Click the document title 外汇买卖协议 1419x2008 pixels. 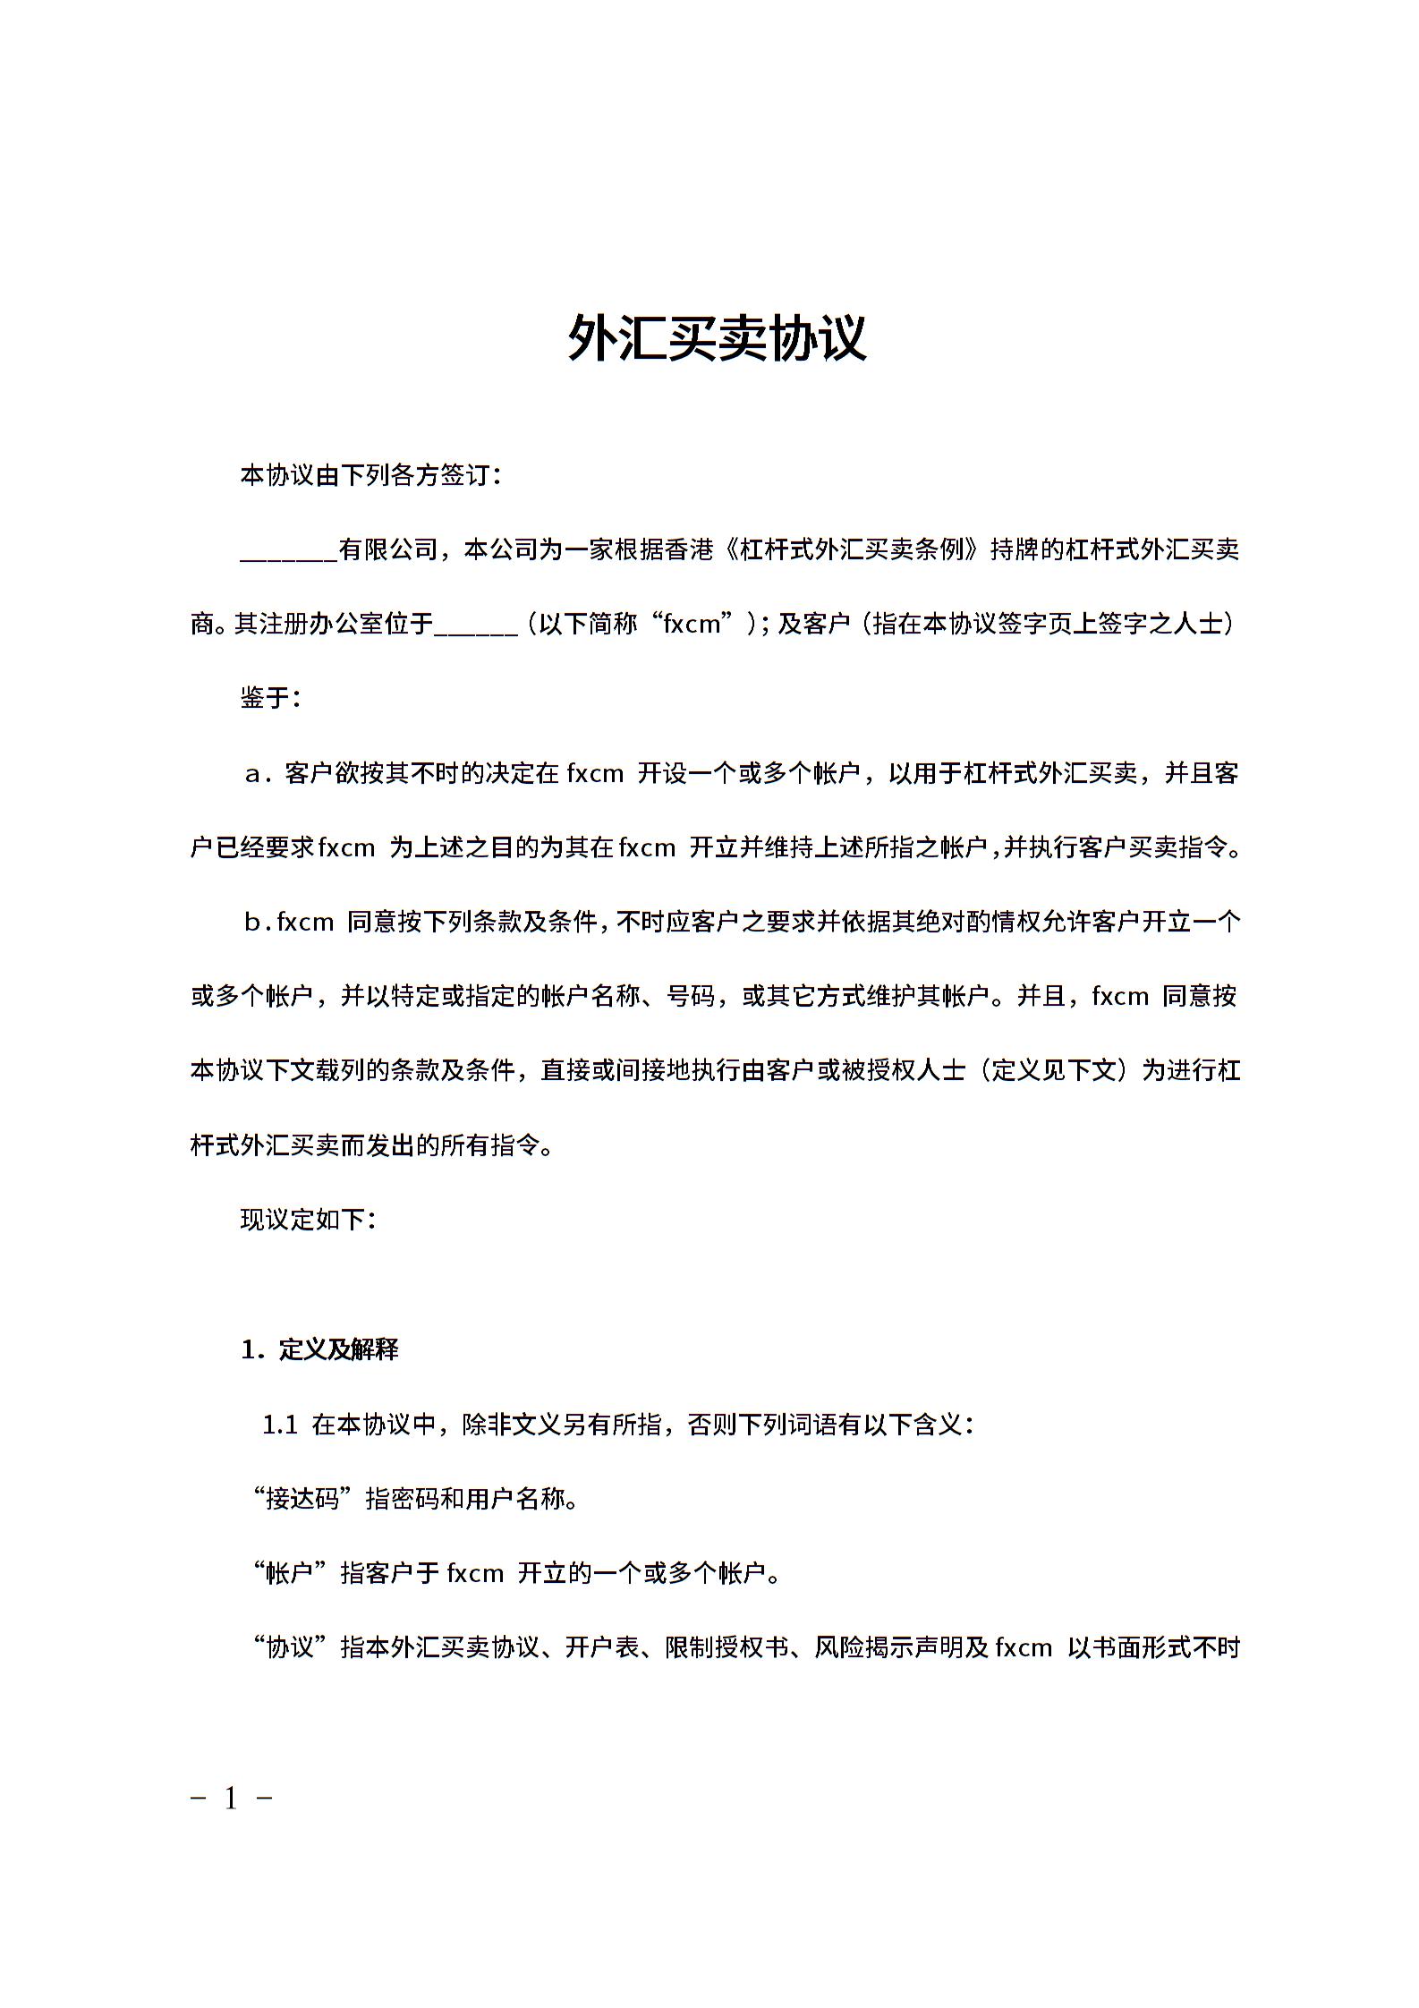717,338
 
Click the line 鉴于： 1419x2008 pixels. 270,698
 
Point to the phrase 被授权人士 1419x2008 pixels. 904,1070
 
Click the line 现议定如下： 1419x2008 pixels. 308,1219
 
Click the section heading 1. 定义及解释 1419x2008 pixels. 319,1349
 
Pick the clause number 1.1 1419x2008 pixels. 279,1425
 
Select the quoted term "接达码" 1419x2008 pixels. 304,1498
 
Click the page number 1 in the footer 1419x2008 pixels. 232,1798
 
